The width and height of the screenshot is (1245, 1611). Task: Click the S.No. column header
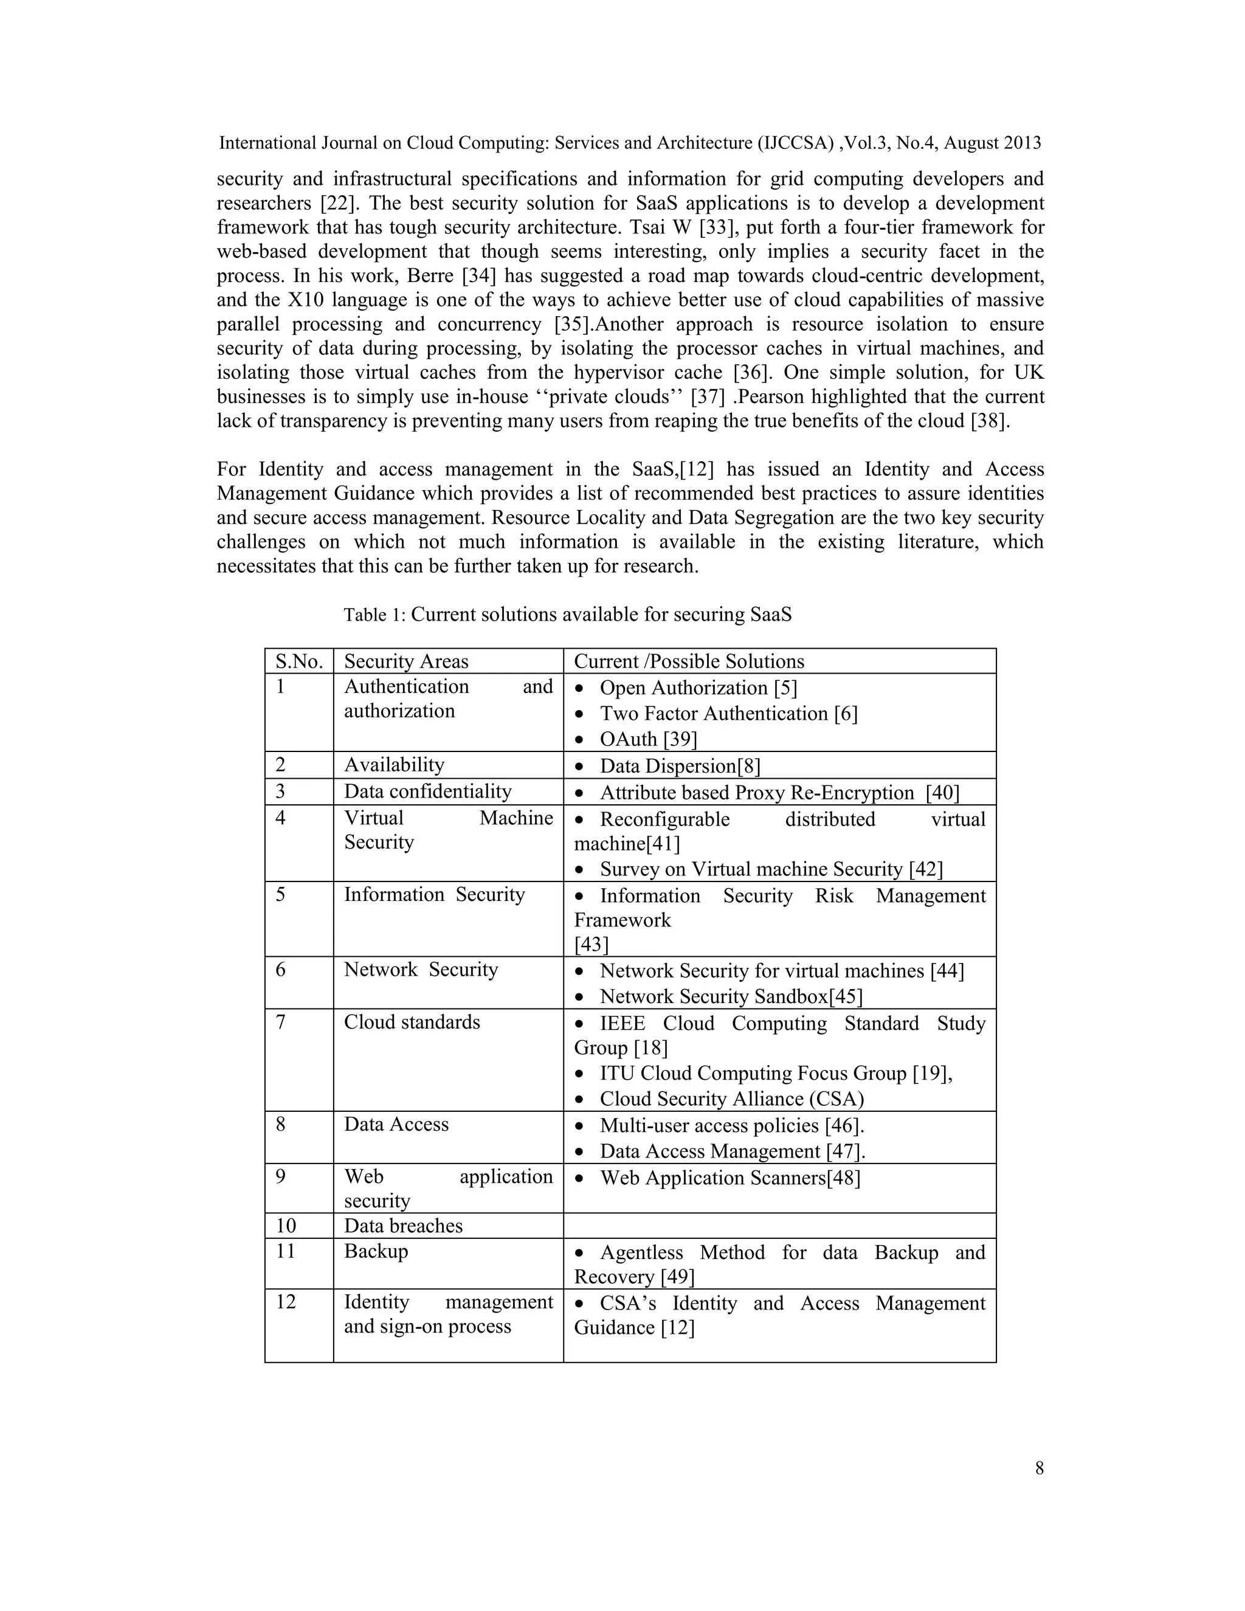tap(298, 661)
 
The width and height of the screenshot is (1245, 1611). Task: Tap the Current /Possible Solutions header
tap(688, 661)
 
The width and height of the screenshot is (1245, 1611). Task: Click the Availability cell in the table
tap(394, 764)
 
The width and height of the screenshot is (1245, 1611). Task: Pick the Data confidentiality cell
tap(427, 791)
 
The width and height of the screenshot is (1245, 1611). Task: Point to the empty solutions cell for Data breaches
tap(779, 1225)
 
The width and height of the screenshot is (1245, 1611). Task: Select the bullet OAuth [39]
tap(647, 739)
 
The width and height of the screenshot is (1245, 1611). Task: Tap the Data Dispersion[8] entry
tap(679, 765)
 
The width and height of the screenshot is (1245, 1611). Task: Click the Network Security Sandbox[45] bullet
tap(730, 996)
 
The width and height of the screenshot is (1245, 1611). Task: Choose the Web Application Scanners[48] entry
tap(729, 1178)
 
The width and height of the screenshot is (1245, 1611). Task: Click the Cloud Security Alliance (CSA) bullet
tap(731, 1099)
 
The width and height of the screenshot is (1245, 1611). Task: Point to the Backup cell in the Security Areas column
tap(376, 1251)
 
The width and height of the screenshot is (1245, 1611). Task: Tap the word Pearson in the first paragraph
tap(771, 397)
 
